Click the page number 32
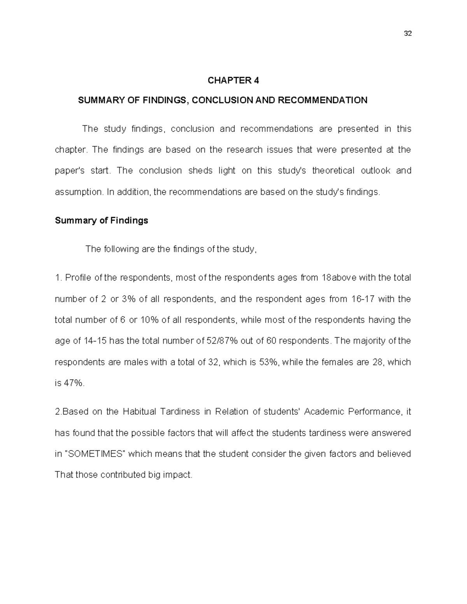[x=408, y=33]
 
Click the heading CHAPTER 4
[x=233, y=81]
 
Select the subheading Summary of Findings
[x=102, y=221]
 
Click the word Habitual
[x=139, y=412]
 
